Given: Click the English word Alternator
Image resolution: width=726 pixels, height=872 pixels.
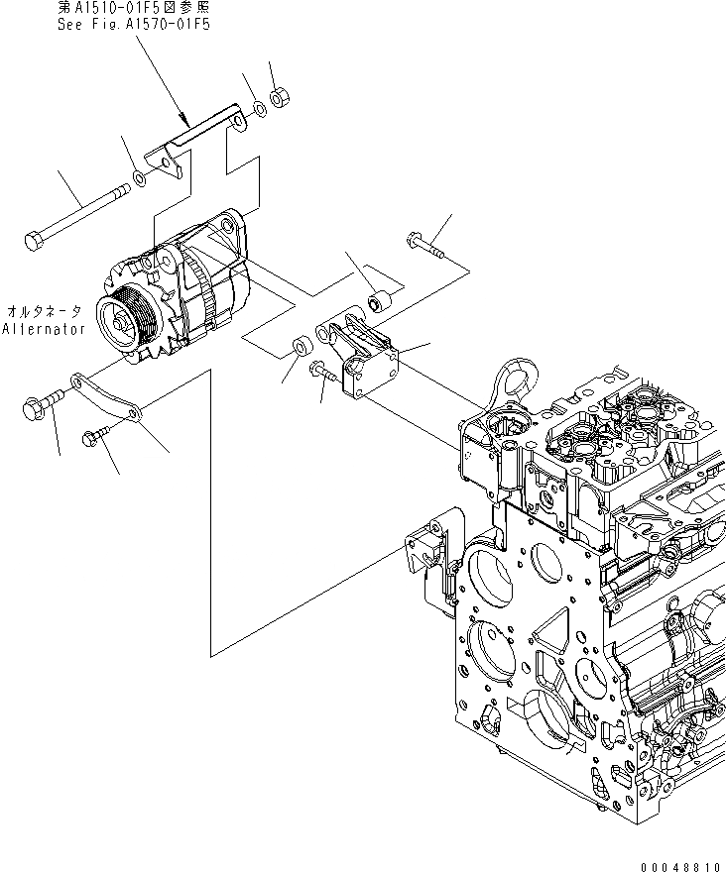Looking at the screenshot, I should pos(45,328).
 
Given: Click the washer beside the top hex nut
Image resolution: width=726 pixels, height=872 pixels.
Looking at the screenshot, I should pos(257,107).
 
